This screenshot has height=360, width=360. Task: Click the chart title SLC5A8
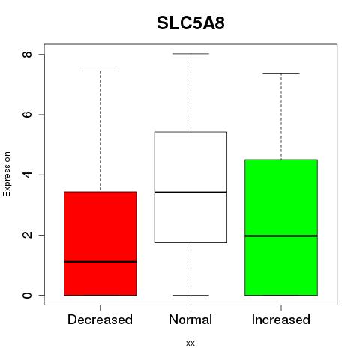[x=190, y=23]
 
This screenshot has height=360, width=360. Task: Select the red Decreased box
[x=100, y=244]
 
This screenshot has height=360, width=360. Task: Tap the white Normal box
[x=190, y=187]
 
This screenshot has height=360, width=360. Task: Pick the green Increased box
[x=281, y=227]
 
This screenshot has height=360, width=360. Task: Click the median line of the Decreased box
[x=100, y=262]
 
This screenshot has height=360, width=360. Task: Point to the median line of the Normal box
[x=190, y=192]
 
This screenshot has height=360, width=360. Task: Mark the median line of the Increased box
[x=281, y=235]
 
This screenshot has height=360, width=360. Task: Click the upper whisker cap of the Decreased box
[x=100, y=70]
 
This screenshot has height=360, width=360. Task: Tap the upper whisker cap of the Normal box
[x=190, y=54]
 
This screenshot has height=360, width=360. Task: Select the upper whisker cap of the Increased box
[x=281, y=73]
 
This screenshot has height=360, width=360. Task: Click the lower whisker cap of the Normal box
[x=190, y=295]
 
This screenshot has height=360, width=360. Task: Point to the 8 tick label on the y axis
[x=27, y=55]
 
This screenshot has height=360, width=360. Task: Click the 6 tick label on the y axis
[x=27, y=115]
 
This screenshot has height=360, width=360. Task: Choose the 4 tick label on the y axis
[x=27, y=175]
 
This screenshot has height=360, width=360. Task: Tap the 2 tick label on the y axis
[x=27, y=235]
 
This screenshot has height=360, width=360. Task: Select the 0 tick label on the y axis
[x=27, y=295]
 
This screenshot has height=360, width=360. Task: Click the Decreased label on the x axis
[x=100, y=319]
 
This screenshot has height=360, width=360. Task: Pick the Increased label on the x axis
[x=281, y=319]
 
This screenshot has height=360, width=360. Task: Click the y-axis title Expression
[x=7, y=174]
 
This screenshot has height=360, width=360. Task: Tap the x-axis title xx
[x=190, y=343]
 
